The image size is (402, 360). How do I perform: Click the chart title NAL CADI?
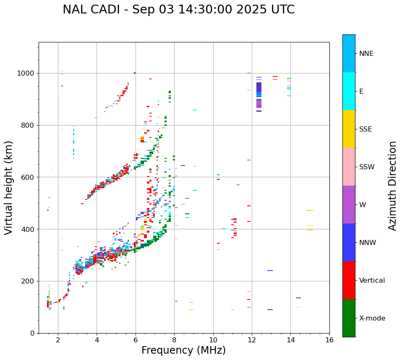pos(178,10)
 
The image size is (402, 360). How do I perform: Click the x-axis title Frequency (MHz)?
pos(183,350)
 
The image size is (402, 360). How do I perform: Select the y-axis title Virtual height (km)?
pos(9,187)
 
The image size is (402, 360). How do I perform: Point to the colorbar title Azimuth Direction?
pos(392,186)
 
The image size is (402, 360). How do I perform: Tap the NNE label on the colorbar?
pos(366,54)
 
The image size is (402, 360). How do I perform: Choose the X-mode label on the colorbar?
pos(372,318)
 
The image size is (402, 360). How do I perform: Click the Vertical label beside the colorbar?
pos(372,281)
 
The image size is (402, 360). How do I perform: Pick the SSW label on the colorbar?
pos(366,167)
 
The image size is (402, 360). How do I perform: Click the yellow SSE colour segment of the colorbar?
pos(349,129)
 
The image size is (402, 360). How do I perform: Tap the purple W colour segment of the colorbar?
pos(349,205)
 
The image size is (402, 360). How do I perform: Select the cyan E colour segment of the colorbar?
pos(349,91)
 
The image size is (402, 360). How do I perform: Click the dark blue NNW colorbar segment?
pos(349,242)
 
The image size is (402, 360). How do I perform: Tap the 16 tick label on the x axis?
pos(329,340)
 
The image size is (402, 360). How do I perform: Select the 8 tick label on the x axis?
pos(174,340)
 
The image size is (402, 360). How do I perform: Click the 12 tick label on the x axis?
pos(252,340)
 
